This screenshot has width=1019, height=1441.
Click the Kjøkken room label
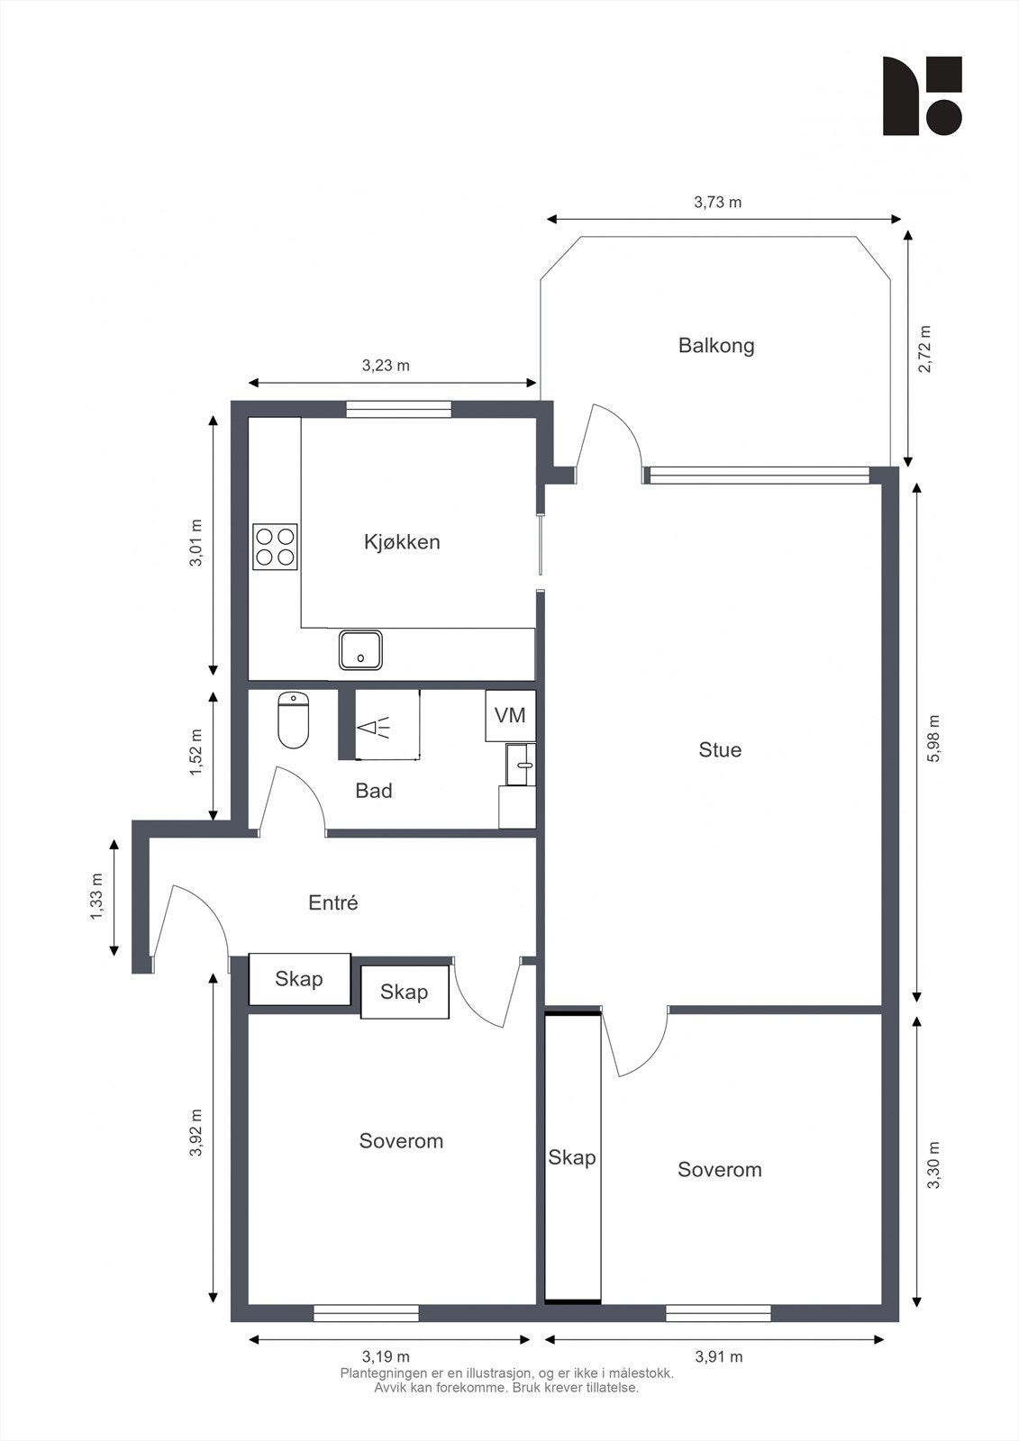click(x=402, y=542)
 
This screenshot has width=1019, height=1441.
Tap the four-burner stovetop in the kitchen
click(x=276, y=545)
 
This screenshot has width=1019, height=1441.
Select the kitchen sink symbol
click(x=360, y=649)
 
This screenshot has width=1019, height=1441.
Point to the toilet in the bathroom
click(x=294, y=720)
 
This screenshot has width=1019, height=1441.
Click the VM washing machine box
click(x=510, y=715)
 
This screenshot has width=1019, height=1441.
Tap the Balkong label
click(x=716, y=346)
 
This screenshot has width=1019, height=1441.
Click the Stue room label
click(x=720, y=750)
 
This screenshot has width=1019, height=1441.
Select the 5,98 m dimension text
click(x=933, y=739)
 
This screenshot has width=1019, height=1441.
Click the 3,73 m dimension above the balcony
click(x=717, y=203)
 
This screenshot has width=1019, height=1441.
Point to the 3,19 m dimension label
click(x=386, y=1356)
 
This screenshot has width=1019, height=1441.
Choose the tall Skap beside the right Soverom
click(x=572, y=1157)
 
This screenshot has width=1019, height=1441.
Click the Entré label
click(x=333, y=902)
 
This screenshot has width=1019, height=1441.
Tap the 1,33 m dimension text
click(x=96, y=898)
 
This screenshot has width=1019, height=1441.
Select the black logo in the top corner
click(x=922, y=96)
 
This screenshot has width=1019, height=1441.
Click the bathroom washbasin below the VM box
click(x=521, y=765)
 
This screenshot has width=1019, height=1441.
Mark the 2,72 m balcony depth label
click(x=923, y=349)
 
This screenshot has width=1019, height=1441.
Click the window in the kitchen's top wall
click(x=397, y=410)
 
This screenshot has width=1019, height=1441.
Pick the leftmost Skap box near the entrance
click(x=299, y=979)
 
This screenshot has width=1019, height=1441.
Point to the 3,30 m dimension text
click(x=933, y=1165)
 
